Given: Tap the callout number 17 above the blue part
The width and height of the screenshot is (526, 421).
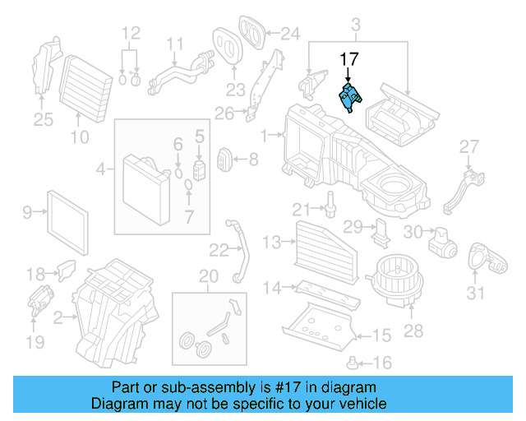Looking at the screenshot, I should pyautogui.click(x=349, y=59).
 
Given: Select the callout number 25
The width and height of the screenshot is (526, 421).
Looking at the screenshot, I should pyautogui.click(x=42, y=121).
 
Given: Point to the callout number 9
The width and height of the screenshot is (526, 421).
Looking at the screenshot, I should pyautogui.click(x=26, y=213).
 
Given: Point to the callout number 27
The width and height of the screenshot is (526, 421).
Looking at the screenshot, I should pyautogui.click(x=468, y=146).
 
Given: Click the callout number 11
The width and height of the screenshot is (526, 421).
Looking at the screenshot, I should pyautogui.click(x=175, y=43).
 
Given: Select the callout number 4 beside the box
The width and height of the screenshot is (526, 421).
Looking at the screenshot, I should pyautogui.click(x=102, y=170).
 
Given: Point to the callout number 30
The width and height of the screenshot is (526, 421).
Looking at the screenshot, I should pyautogui.click(x=413, y=234).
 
